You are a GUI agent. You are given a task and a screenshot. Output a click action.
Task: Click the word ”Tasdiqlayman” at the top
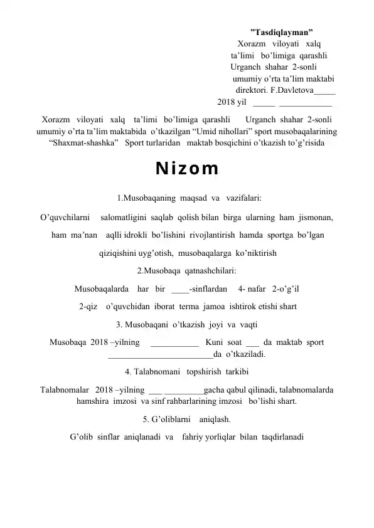pos(282,31)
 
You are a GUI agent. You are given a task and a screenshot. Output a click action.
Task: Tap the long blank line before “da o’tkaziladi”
pos(160,356)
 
